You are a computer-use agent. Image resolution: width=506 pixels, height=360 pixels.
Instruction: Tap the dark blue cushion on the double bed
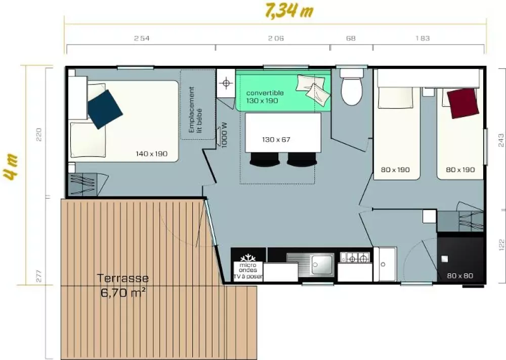point(105,109)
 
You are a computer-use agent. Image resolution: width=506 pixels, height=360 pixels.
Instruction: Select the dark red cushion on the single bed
point(462,103)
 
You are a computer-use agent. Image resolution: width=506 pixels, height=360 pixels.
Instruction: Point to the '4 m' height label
point(11,167)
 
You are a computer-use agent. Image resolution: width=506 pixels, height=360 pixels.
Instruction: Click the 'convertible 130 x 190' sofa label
point(265,97)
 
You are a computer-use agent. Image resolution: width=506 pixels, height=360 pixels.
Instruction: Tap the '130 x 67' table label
point(276,139)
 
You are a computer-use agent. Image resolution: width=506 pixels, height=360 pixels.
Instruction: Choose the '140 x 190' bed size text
point(151,154)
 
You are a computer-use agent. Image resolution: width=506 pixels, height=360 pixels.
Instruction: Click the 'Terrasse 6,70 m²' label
point(123,285)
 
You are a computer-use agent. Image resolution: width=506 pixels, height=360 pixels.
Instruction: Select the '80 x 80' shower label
point(460,276)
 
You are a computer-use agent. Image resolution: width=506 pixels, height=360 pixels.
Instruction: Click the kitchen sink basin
point(323,264)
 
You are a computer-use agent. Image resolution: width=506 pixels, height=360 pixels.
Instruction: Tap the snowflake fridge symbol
point(248,258)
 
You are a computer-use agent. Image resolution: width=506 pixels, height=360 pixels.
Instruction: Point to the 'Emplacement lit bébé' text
point(195,110)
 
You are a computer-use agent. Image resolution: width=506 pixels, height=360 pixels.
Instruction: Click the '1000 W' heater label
point(225,135)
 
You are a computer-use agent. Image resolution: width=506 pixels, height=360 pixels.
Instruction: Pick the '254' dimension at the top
point(142,38)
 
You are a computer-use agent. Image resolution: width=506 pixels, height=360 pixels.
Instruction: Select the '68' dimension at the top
point(351,38)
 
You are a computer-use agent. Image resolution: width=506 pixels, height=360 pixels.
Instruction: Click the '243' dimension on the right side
point(501,140)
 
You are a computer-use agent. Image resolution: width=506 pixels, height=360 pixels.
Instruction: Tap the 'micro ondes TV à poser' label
point(248,270)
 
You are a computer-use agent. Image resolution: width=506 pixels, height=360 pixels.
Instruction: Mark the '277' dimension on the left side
point(39,276)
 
